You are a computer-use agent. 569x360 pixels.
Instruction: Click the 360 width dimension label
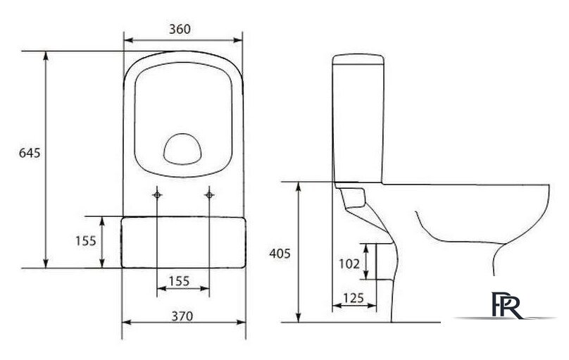180,29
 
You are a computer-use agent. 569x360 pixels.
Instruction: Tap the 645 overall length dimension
30,153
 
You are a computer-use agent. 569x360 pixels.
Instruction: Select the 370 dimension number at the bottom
182,316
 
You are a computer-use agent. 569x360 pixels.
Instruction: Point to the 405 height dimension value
280,254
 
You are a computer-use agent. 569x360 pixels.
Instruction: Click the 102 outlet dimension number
349,263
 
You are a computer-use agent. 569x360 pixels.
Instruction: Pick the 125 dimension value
353,298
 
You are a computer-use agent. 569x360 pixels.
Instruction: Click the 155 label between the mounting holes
180,281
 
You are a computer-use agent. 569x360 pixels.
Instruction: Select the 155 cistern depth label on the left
86,241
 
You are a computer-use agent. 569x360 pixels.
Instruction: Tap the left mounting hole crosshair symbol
157,195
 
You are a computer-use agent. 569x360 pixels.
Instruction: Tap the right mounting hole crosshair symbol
209,195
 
